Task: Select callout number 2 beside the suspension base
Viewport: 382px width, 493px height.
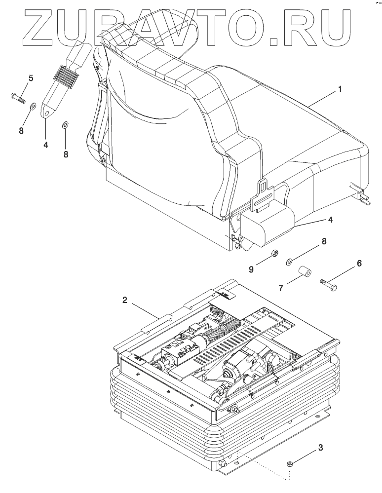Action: point(126,300)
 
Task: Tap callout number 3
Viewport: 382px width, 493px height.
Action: point(321,448)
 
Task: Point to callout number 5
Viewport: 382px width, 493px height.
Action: point(31,78)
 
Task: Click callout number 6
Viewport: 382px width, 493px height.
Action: point(359,264)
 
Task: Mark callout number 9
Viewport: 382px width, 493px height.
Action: point(251,269)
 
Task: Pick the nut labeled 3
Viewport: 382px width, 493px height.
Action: point(291,463)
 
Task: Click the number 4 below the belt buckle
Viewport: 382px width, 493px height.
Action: point(45,145)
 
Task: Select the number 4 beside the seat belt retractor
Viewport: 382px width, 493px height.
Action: point(330,220)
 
